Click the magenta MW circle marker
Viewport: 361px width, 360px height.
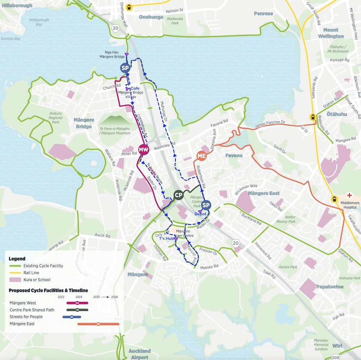coord(144,149)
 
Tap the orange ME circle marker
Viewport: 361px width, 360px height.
coord(201,156)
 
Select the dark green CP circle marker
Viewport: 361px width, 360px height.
coord(178,195)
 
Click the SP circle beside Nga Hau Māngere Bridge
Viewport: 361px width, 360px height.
coord(125,68)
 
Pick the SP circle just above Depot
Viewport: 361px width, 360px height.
coord(206,205)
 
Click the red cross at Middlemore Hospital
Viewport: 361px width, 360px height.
coord(349,195)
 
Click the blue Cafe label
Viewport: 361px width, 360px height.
coord(135,88)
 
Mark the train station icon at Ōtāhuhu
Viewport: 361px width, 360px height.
coord(312,117)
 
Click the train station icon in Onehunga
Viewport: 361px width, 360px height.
coord(129,6)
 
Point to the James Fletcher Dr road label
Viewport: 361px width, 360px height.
coord(270,123)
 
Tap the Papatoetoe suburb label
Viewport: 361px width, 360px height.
coord(330,287)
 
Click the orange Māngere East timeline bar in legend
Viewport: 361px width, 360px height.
coord(98,324)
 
